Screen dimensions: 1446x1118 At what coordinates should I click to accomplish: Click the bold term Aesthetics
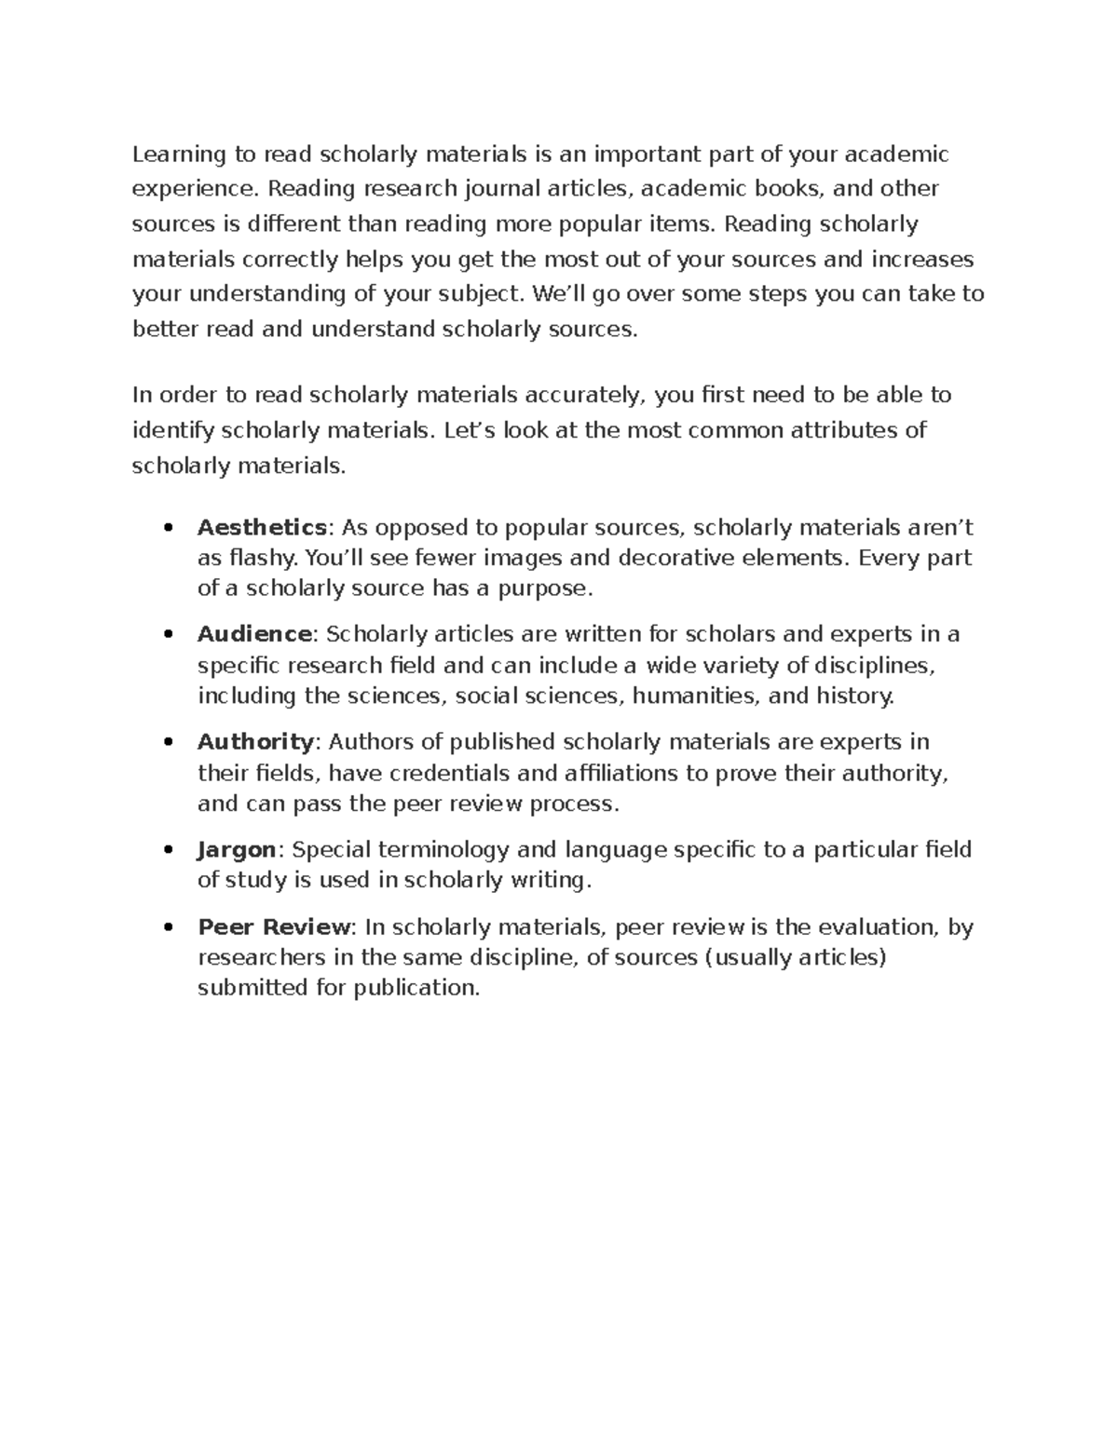click(x=261, y=528)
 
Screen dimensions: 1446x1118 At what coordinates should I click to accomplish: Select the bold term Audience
click(x=254, y=634)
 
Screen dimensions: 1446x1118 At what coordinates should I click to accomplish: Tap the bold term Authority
click(x=256, y=742)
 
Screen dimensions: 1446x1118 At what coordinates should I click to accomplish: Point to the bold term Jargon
click(x=237, y=849)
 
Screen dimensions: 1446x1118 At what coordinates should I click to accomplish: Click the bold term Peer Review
click(x=274, y=927)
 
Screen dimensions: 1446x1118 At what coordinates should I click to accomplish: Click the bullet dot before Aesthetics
click(x=168, y=529)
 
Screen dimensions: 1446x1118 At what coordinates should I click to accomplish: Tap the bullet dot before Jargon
click(x=168, y=850)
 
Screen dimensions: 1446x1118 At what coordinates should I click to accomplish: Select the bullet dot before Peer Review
click(x=168, y=928)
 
